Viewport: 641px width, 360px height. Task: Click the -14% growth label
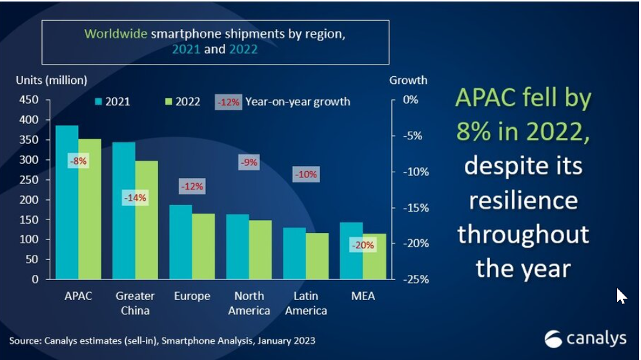point(135,198)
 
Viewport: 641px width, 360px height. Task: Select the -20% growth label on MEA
point(361,245)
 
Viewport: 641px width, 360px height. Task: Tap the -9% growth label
point(249,163)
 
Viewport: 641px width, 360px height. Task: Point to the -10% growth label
point(305,174)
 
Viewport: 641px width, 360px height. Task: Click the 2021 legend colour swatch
point(99,102)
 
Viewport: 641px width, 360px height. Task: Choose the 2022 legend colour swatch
point(170,102)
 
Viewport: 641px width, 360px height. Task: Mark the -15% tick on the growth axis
point(411,208)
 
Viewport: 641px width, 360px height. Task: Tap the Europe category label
point(192,296)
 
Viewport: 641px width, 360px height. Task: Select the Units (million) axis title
point(51,80)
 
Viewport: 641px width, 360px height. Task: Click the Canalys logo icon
point(553,339)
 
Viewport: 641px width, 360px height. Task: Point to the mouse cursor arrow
point(620,295)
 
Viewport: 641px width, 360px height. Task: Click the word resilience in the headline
point(523,200)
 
